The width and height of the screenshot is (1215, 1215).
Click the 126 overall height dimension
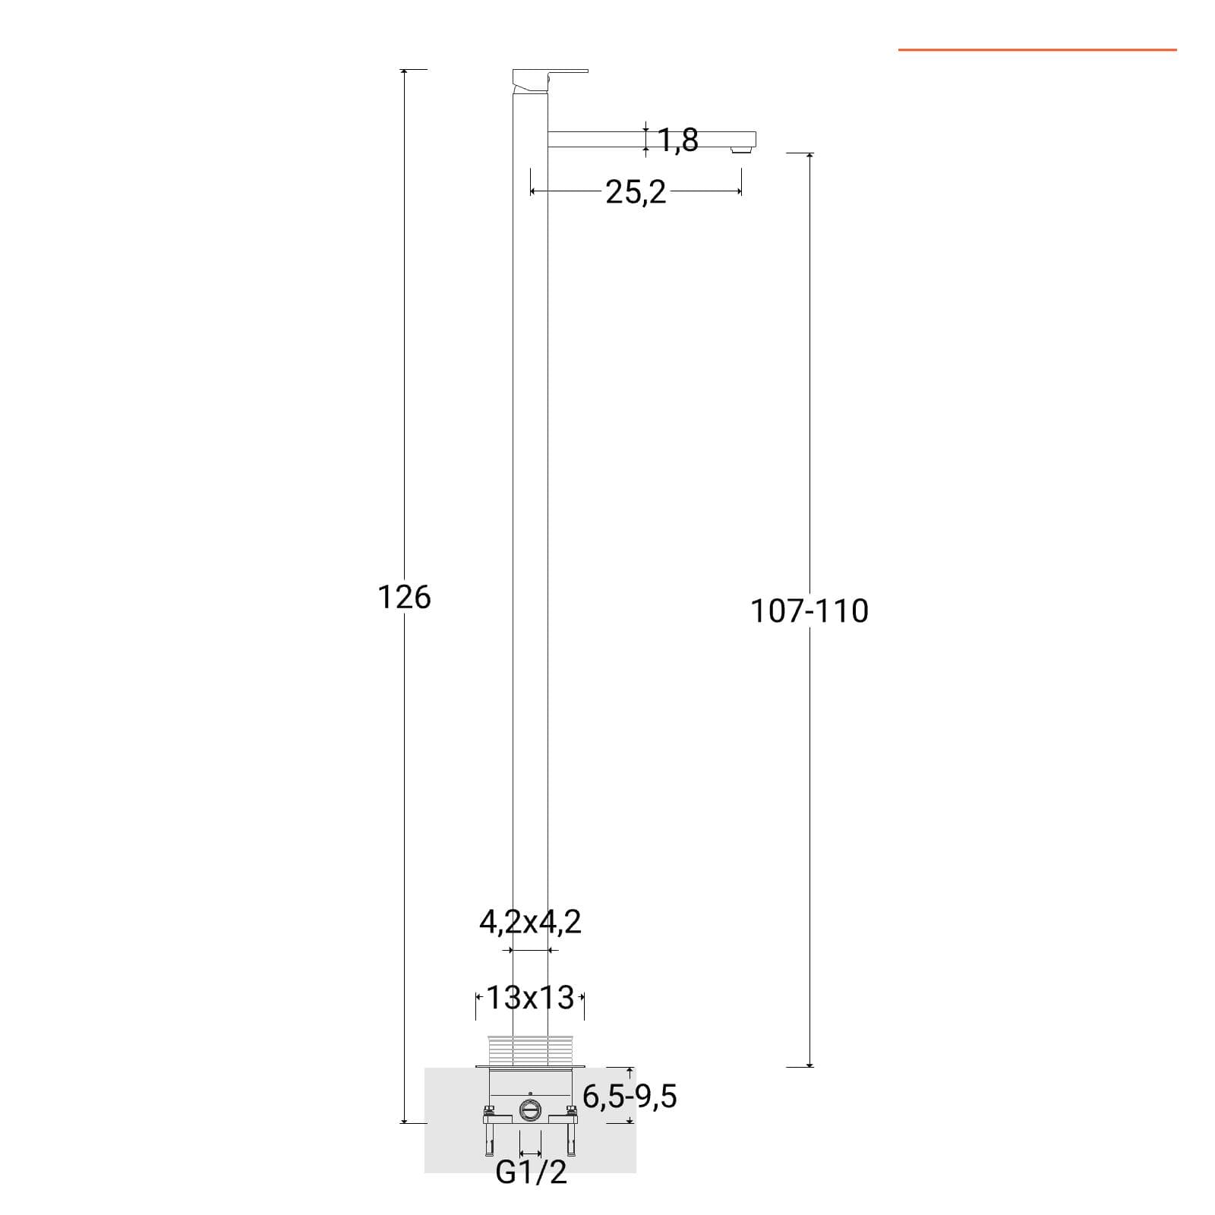pyautogui.click(x=404, y=598)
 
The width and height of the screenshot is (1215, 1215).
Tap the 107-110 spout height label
pyautogui.click(x=809, y=611)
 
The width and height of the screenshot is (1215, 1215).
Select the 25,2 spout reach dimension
pyautogui.click(x=636, y=193)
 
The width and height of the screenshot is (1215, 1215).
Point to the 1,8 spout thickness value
pyautogui.click(x=678, y=140)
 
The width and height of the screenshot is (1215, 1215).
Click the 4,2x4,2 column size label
pyautogui.click(x=530, y=922)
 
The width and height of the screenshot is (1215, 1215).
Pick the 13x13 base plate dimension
pyautogui.click(x=530, y=998)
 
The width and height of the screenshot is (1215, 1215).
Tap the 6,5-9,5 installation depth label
pyautogui.click(x=630, y=1097)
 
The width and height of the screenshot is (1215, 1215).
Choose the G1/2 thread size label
pyautogui.click(x=531, y=1172)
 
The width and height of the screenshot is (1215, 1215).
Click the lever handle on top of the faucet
pyautogui.click(x=550, y=77)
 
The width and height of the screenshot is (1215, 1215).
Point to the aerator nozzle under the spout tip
pyautogui.click(x=737, y=150)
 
